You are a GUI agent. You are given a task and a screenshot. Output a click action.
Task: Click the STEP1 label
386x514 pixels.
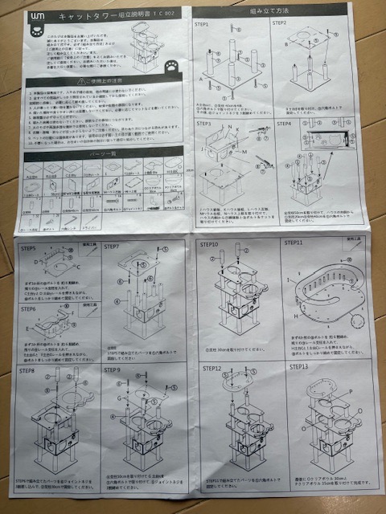click(x=205, y=24)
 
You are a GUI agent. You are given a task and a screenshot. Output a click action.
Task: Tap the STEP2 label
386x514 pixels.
click(x=281, y=23)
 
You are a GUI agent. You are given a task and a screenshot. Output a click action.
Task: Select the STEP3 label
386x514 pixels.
click(x=204, y=124)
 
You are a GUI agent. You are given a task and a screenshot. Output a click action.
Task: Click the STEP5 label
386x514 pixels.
click(x=31, y=249)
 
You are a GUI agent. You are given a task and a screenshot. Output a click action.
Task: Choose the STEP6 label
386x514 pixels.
click(x=31, y=308)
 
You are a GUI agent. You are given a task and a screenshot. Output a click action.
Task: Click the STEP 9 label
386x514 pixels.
click(x=113, y=370)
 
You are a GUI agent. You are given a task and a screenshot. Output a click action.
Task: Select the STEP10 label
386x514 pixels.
click(x=211, y=243)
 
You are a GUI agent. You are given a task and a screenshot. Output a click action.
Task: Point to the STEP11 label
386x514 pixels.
click(x=294, y=242)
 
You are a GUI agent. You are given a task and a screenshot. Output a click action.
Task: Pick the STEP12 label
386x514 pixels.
click(x=212, y=369)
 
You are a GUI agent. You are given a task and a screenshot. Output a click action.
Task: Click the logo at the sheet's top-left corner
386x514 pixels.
click(x=33, y=17)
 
